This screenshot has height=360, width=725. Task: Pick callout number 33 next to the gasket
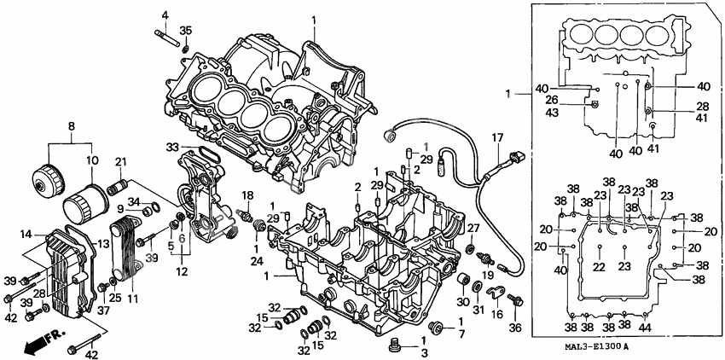172,147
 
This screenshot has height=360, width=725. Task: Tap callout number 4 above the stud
165,15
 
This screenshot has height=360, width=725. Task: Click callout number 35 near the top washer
186,31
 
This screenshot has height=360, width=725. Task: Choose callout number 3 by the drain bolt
424,351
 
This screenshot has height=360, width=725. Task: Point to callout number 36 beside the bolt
515,327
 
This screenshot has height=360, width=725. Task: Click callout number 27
473,228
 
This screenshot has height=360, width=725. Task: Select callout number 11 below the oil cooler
131,299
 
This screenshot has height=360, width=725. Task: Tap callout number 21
120,161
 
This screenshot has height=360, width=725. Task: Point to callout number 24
256,261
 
